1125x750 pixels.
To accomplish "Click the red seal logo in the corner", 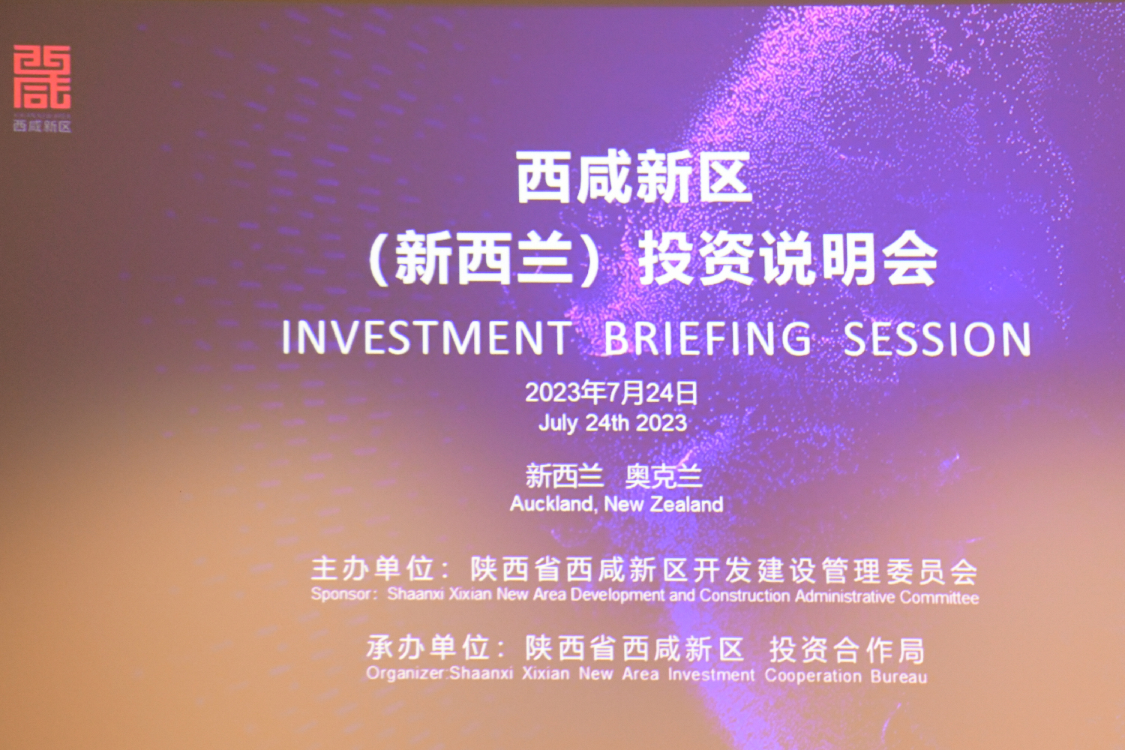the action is coord(42,76).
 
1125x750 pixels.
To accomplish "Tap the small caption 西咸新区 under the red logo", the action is coord(42,126).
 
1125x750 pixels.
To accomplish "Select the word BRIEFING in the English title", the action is coord(707,338).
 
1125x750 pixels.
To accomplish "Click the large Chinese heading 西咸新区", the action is coord(634,178).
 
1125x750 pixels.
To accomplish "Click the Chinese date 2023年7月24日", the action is coord(612,393).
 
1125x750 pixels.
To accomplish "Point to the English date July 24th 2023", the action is coord(613,423).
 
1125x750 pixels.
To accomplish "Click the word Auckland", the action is coord(552,504).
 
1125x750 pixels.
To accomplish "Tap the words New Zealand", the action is coord(664,504).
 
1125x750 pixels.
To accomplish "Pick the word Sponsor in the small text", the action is coord(341,594).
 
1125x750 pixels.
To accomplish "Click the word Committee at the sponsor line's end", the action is coord(939,598).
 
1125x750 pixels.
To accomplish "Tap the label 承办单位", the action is coord(427,648).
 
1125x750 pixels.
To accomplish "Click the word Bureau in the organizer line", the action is coord(899,676).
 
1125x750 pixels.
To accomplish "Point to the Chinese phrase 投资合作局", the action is coord(847,650).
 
